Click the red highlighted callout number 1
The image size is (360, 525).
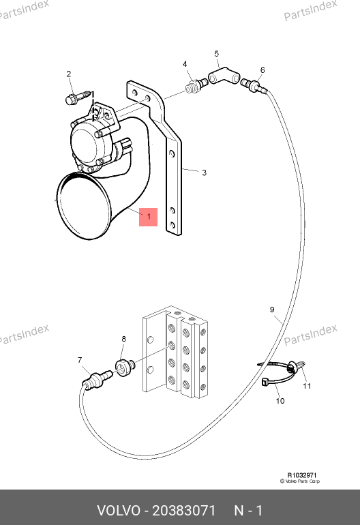pyautogui.click(x=149, y=217)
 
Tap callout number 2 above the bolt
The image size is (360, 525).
pyautogui.click(x=69, y=74)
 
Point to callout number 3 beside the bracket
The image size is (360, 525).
pyautogui.click(x=204, y=172)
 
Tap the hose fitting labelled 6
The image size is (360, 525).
pyautogui.click(x=254, y=85)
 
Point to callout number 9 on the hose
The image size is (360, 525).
pyautogui.click(x=272, y=310)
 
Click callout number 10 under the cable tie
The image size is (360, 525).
pyautogui.click(x=280, y=401)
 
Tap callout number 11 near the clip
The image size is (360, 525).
pyautogui.click(x=307, y=386)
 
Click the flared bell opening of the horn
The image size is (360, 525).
pyautogui.click(x=84, y=205)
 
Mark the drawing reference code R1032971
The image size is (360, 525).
pyautogui.click(x=302, y=475)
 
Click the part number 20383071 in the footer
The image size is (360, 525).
pyautogui.click(x=183, y=511)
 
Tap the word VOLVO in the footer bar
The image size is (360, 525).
pyautogui.click(x=119, y=511)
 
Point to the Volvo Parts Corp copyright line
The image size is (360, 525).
pyautogui.click(x=300, y=481)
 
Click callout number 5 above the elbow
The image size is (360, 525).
pyautogui.click(x=216, y=54)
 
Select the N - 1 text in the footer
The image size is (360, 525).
pyautogui.click(x=248, y=511)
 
